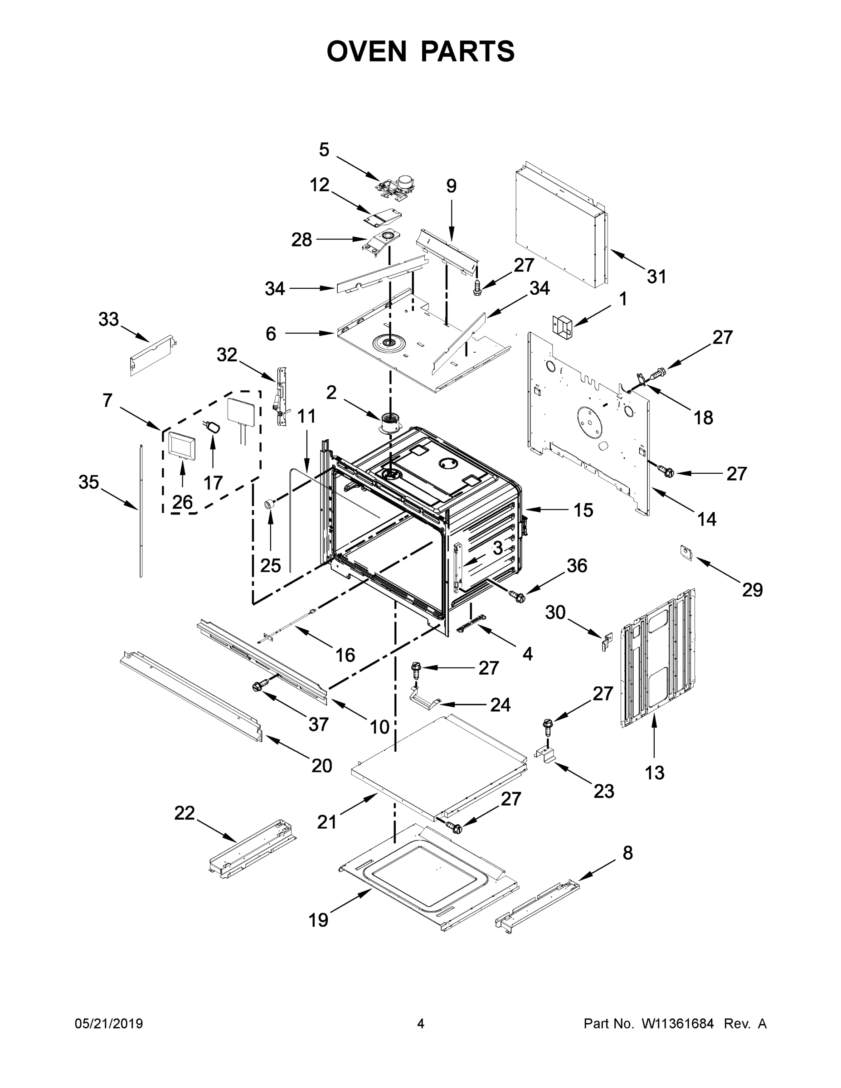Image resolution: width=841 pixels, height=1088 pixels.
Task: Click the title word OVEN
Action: pyautogui.click(x=367, y=51)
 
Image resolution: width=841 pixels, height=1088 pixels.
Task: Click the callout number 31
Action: pyautogui.click(x=656, y=277)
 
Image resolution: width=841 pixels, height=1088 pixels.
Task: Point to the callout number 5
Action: pyautogui.click(x=324, y=150)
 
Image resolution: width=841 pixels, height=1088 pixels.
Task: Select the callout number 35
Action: pyautogui.click(x=89, y=482)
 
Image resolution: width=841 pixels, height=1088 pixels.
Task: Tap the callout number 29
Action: pyautogui.click(x=752, y=590)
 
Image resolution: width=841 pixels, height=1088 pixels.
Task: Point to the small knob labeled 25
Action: pyautogui.click(x=270, y=505)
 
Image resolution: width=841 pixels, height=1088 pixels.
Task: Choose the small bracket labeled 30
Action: pyautogui.click(x=608, y=641)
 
